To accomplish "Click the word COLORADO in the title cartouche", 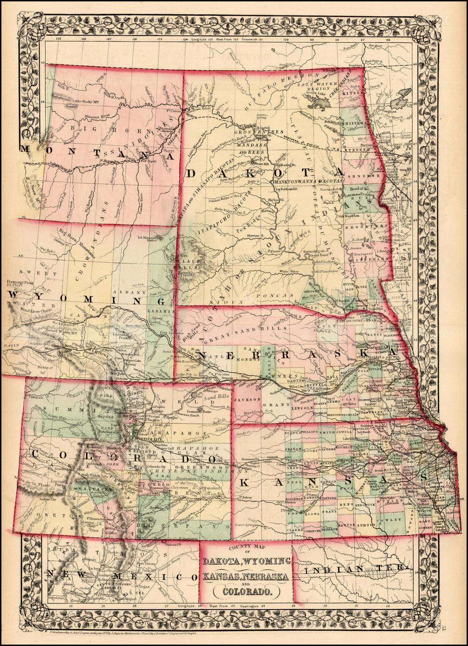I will click(246, 591).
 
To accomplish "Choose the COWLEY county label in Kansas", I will click(395, 520).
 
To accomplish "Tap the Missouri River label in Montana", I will click(96, 116).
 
